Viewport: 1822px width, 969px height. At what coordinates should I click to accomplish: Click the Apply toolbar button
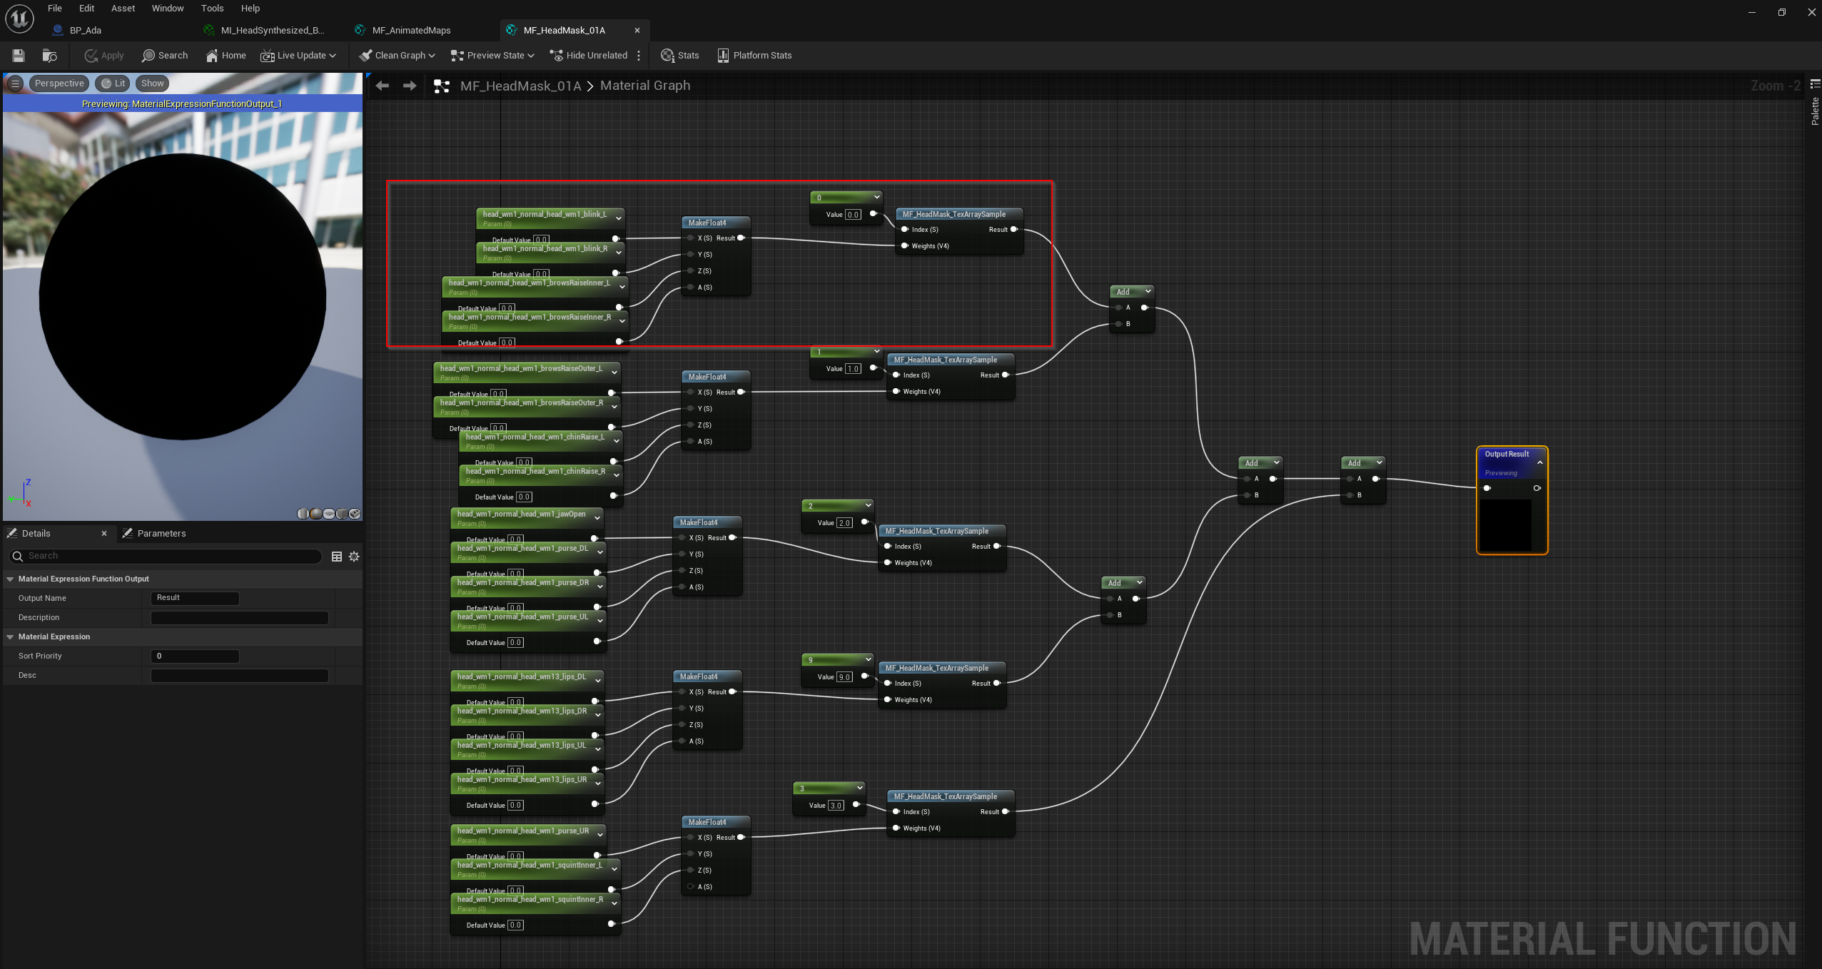[104, 56]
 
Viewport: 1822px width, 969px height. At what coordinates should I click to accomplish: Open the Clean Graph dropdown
[398, 56]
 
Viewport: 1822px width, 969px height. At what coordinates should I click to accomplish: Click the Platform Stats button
[754, 56]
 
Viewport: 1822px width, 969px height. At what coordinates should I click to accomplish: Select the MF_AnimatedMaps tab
[410, 30]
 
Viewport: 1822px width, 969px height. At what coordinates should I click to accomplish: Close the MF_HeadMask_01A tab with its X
[637, 30]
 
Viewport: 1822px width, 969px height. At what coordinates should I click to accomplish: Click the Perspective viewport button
[59, 83]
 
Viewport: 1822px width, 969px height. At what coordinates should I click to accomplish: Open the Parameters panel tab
[161, 533]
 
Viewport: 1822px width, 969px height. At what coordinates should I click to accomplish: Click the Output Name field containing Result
[194, 598]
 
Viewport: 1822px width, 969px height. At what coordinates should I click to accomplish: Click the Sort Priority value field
[194, 656]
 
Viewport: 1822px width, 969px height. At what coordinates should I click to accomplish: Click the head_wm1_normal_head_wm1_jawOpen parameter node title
[521, 514]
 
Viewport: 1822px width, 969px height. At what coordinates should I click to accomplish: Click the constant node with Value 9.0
[836, 660]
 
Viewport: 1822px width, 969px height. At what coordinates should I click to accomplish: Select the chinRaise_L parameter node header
[535, 437]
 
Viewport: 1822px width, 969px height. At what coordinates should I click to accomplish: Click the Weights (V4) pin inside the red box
[905, 246]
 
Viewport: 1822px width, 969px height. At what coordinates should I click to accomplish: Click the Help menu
[250, 9]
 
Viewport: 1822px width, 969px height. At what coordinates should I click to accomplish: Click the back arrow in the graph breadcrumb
[383, 86]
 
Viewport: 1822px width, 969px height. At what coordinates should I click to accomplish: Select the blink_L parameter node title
[544, 214]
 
